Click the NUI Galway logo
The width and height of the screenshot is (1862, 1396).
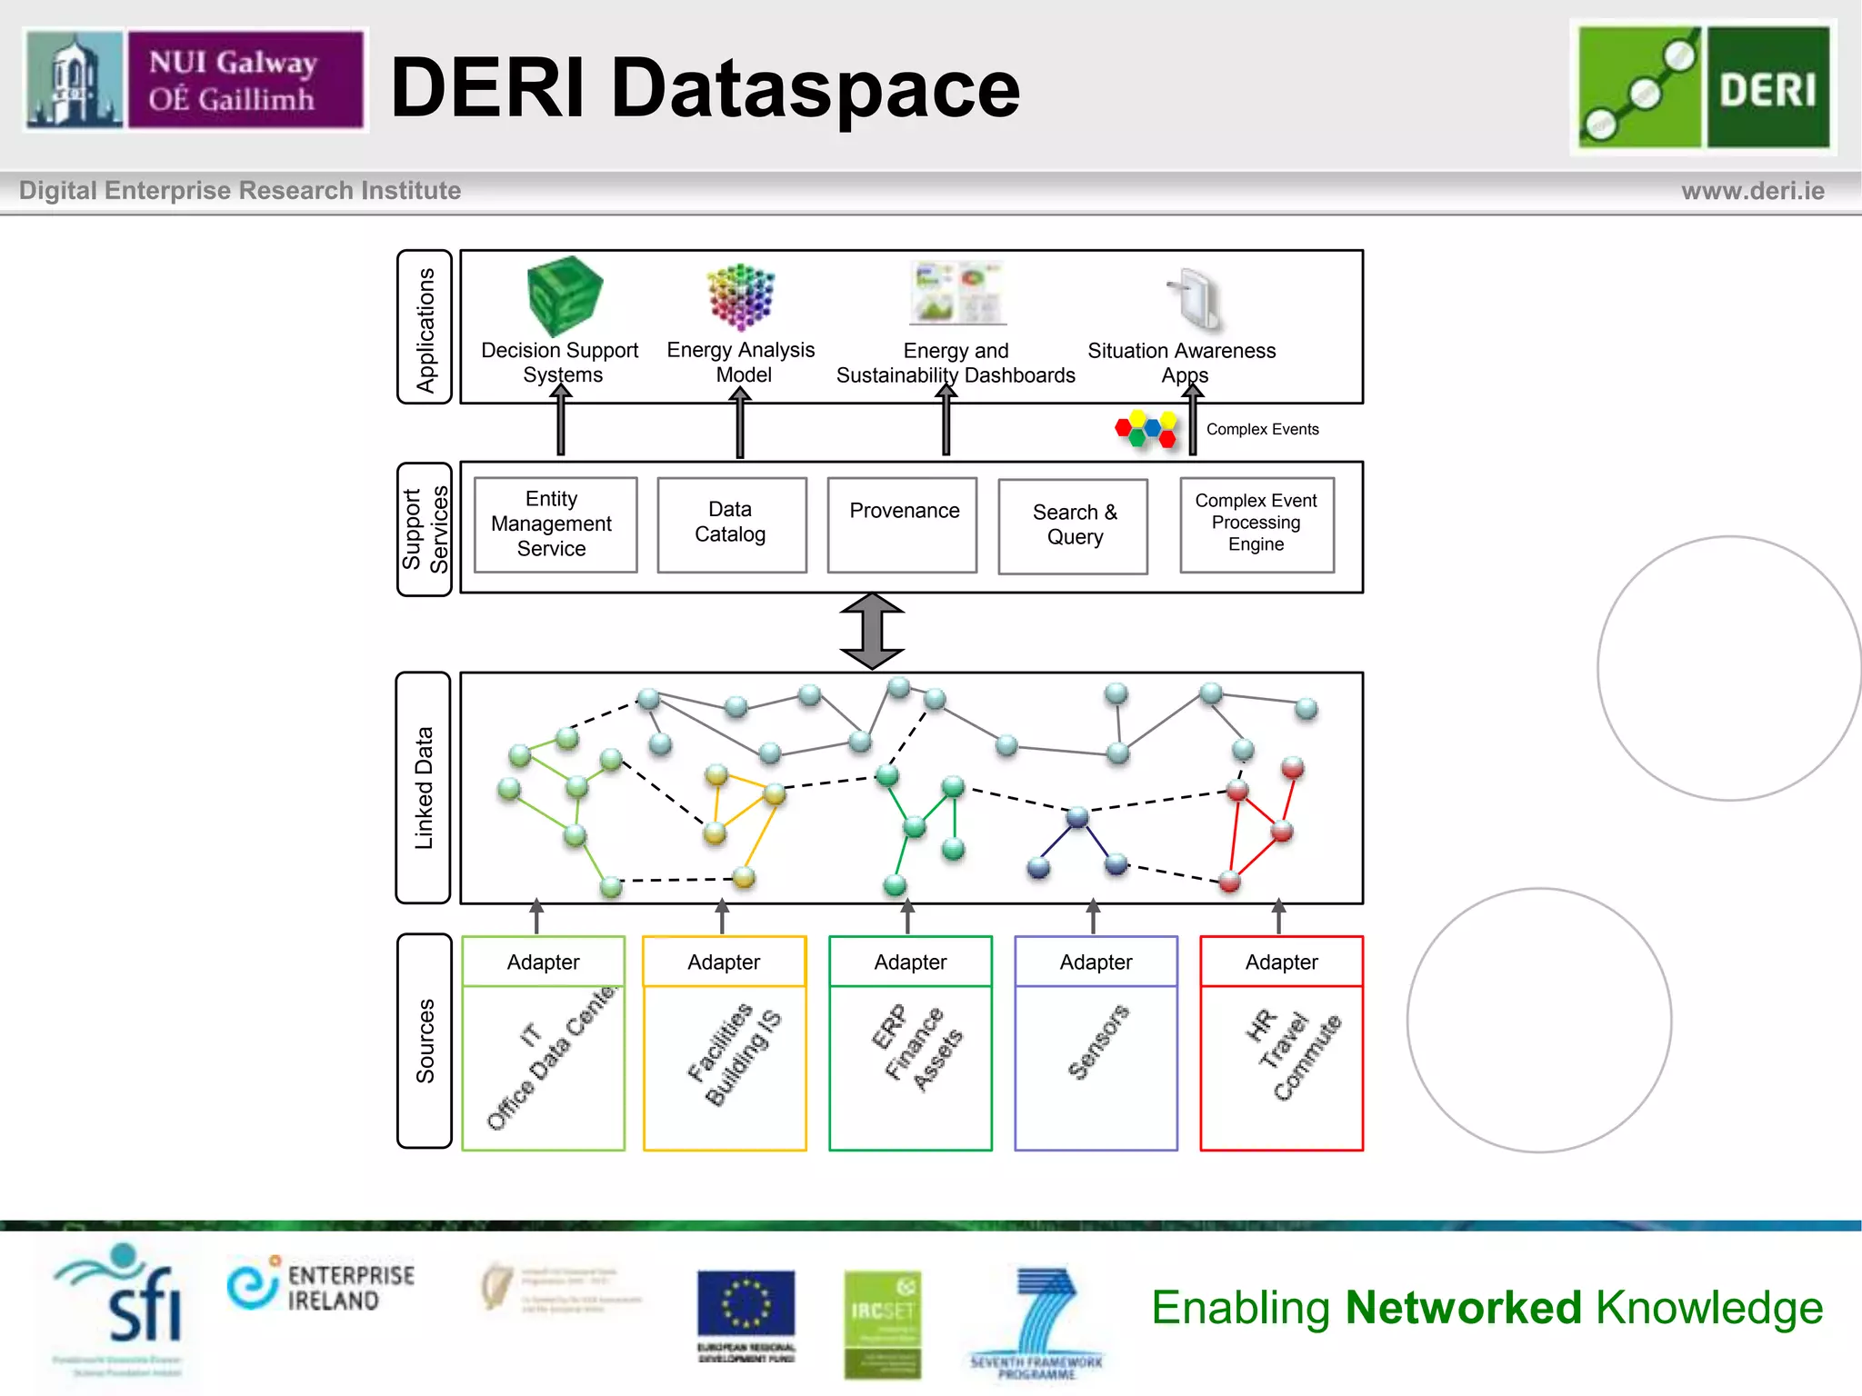(x=195, y=80)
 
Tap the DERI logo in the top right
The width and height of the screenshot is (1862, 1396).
(x=1703, y=87)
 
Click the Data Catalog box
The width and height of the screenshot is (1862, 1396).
(x=732, y=524)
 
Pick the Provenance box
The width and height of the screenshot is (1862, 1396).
(x=903, y=524)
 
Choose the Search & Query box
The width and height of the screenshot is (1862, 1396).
(x=1073, y=526)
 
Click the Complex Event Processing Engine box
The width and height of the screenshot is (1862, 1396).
(x=1256, y=524)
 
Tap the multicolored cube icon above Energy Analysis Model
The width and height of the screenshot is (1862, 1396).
(x=741, y=296)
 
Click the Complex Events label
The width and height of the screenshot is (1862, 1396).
(x=1262, y=430)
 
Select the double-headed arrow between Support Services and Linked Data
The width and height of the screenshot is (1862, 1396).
(x=872, y=632)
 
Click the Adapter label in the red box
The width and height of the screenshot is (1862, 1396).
(x=1281, y=962)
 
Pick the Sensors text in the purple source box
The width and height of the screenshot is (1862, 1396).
(x=1097, y=1042)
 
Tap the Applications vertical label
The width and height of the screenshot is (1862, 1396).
(x=425, y=328)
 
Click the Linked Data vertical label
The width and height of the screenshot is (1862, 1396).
(x=424, y=788)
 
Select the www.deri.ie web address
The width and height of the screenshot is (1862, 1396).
(x=1752, y=192)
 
